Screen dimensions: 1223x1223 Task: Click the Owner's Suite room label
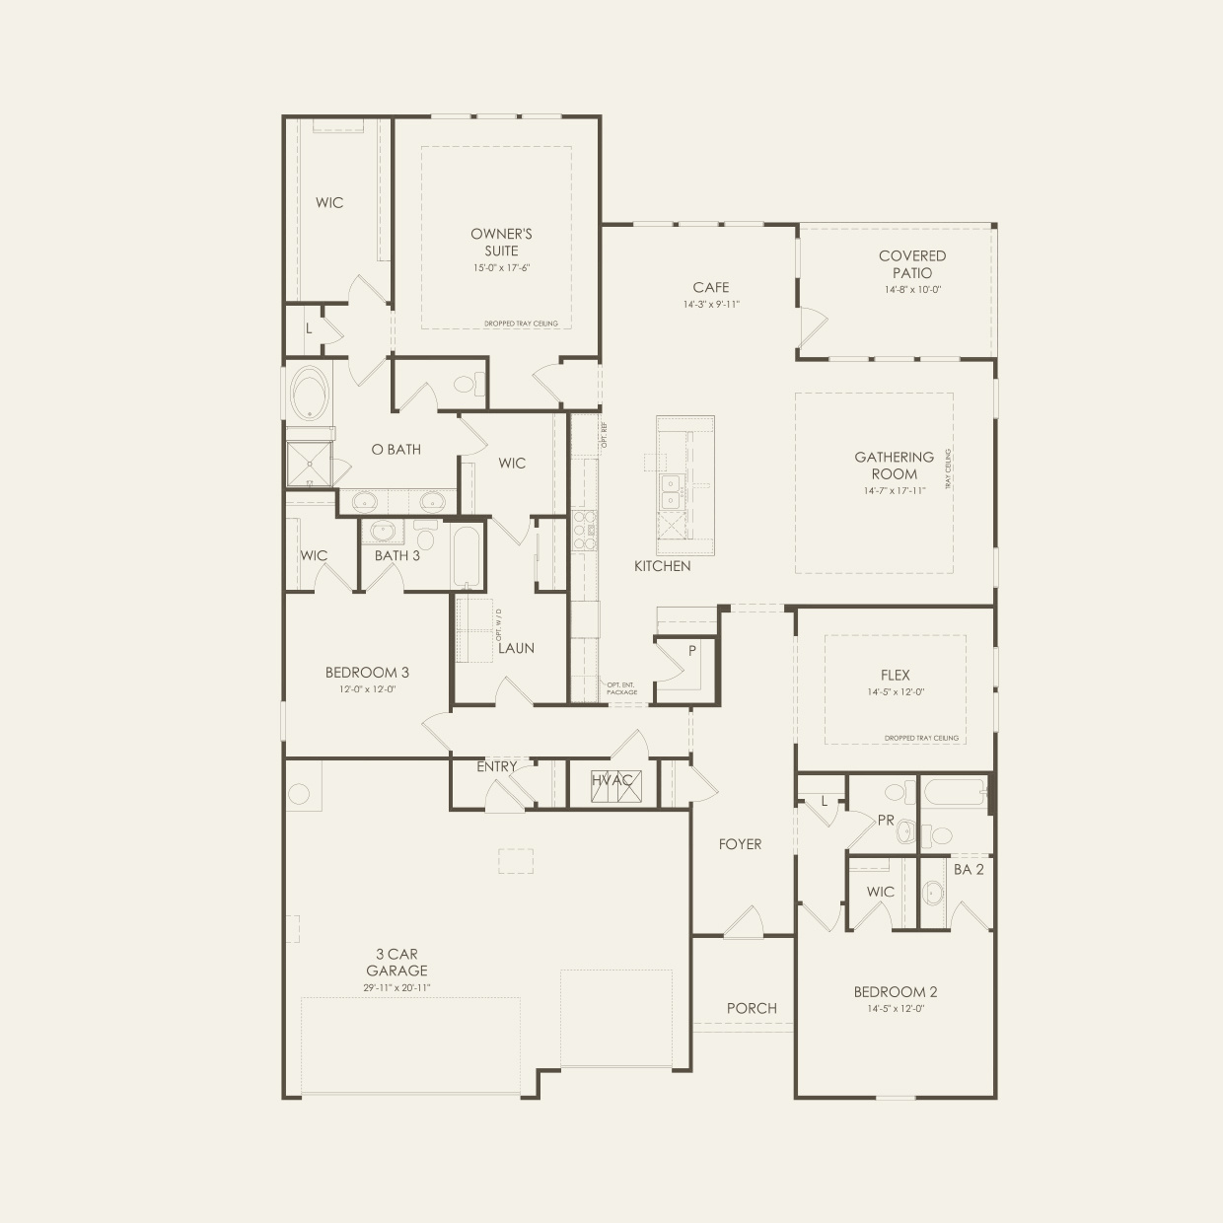[501, 242]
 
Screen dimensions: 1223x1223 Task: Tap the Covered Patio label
[912, 264]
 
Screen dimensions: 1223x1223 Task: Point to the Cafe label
[710, 288]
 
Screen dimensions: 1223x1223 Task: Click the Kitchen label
[662, 566]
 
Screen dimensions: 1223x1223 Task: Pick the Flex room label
[896, 676]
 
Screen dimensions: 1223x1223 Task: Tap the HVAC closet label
[612, 780]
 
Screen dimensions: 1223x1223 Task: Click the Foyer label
[740, 844]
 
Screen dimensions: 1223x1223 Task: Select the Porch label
[752, 1008]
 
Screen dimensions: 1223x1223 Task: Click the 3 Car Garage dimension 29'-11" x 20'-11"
[400, 987]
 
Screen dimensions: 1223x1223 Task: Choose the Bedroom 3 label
[367, 673]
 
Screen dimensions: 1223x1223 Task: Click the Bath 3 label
[396, 555]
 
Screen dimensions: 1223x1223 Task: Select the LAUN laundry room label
[516, 648]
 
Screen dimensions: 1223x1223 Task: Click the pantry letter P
[692, 651]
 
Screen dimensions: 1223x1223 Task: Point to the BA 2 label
[969, 869]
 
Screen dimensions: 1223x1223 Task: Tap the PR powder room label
[886, 820]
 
